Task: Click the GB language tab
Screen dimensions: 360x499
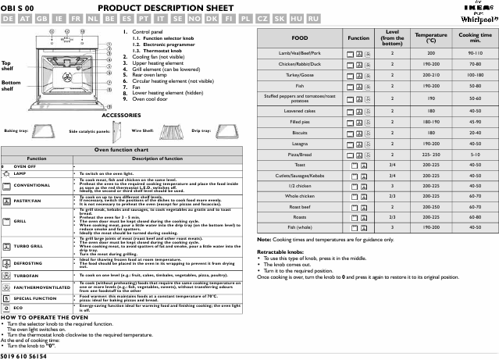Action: coord(42,17)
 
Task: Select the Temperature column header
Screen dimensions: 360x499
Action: coord(431,37)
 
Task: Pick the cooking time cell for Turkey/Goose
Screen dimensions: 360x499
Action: coord(475,75)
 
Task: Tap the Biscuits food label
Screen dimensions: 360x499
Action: coord(299,133)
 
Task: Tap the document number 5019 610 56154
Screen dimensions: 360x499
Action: coord(24,355)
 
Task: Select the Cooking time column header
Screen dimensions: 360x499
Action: coord(475,37)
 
